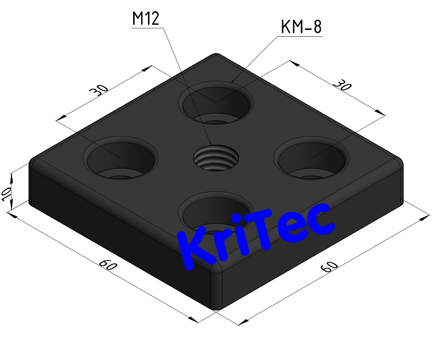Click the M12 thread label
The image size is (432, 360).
[x=145, y=19]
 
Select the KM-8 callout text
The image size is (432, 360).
[x=300, y=28]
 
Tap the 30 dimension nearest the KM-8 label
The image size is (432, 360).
[x=342, y=86]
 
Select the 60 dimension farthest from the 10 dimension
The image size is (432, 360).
[x=329, y=266]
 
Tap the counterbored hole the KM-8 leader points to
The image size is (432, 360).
[x=217, y=103]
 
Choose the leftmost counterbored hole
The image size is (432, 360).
[x=121, y=157]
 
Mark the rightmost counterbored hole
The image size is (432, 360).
[x=311, y=157]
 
